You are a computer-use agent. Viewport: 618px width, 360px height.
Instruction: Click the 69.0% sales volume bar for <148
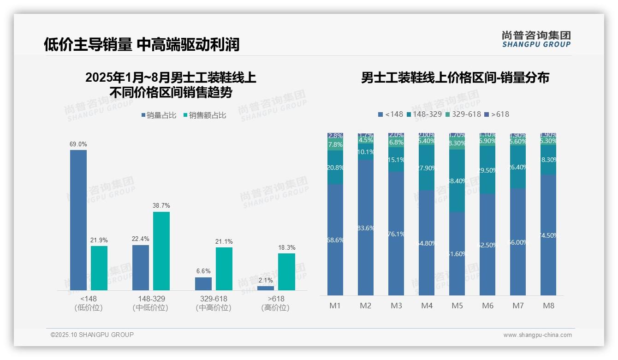(78, 220)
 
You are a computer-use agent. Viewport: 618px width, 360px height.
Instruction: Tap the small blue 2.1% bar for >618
(265, 288)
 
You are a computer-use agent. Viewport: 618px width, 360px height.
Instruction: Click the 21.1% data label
(224, 241)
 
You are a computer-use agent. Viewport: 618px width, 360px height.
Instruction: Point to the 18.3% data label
(286, 247)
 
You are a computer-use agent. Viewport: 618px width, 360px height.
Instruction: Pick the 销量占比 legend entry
(159, 115)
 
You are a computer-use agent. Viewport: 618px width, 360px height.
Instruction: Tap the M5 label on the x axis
(457, 306)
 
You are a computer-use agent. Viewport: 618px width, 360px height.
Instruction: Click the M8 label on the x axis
(548, 306)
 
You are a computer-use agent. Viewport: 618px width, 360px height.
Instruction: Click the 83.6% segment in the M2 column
(366, 228)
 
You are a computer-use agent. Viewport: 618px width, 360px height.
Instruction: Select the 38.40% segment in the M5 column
(457, 181)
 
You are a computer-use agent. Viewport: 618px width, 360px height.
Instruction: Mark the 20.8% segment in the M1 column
(335, 168)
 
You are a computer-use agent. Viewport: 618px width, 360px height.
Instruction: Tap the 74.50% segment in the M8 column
(548, 235)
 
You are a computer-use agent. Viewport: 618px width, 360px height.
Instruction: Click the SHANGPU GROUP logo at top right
(536, 39)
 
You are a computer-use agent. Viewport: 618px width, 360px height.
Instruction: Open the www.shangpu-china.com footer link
(537, 335)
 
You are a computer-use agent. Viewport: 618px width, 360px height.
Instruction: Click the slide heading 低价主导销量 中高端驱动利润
(142, 44)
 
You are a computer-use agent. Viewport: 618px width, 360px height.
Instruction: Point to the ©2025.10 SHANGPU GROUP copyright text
(92, 335)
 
